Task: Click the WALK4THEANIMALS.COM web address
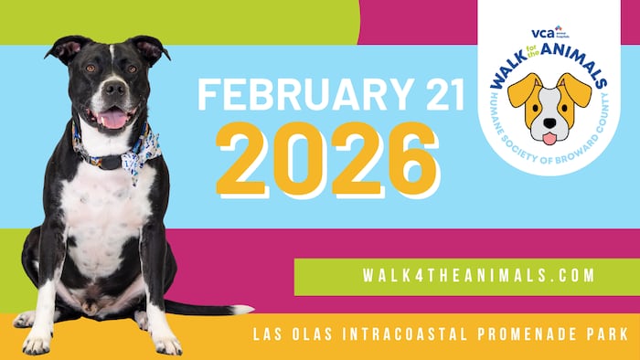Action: point(466,275)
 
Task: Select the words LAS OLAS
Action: point(289,335)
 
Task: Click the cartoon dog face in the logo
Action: point(549,108)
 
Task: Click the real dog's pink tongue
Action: point(114,119)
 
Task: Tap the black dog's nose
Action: point(114,90)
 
